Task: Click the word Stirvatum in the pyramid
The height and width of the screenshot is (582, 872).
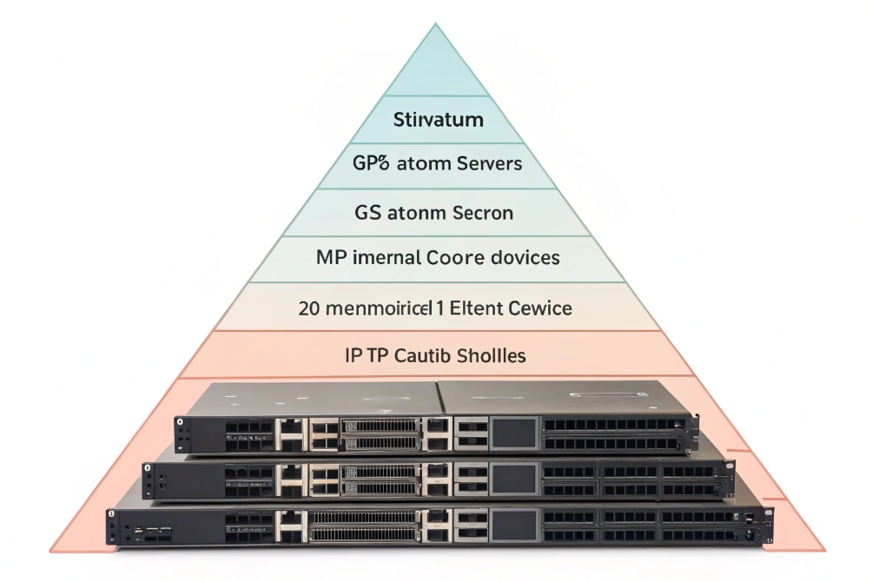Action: point(438,119)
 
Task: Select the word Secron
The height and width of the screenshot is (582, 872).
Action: point(474,212)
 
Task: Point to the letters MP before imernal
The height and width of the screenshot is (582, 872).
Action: point(332,258)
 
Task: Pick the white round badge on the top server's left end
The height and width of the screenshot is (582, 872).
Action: point(180,422)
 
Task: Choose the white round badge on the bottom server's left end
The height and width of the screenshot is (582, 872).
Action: point(112,516)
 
